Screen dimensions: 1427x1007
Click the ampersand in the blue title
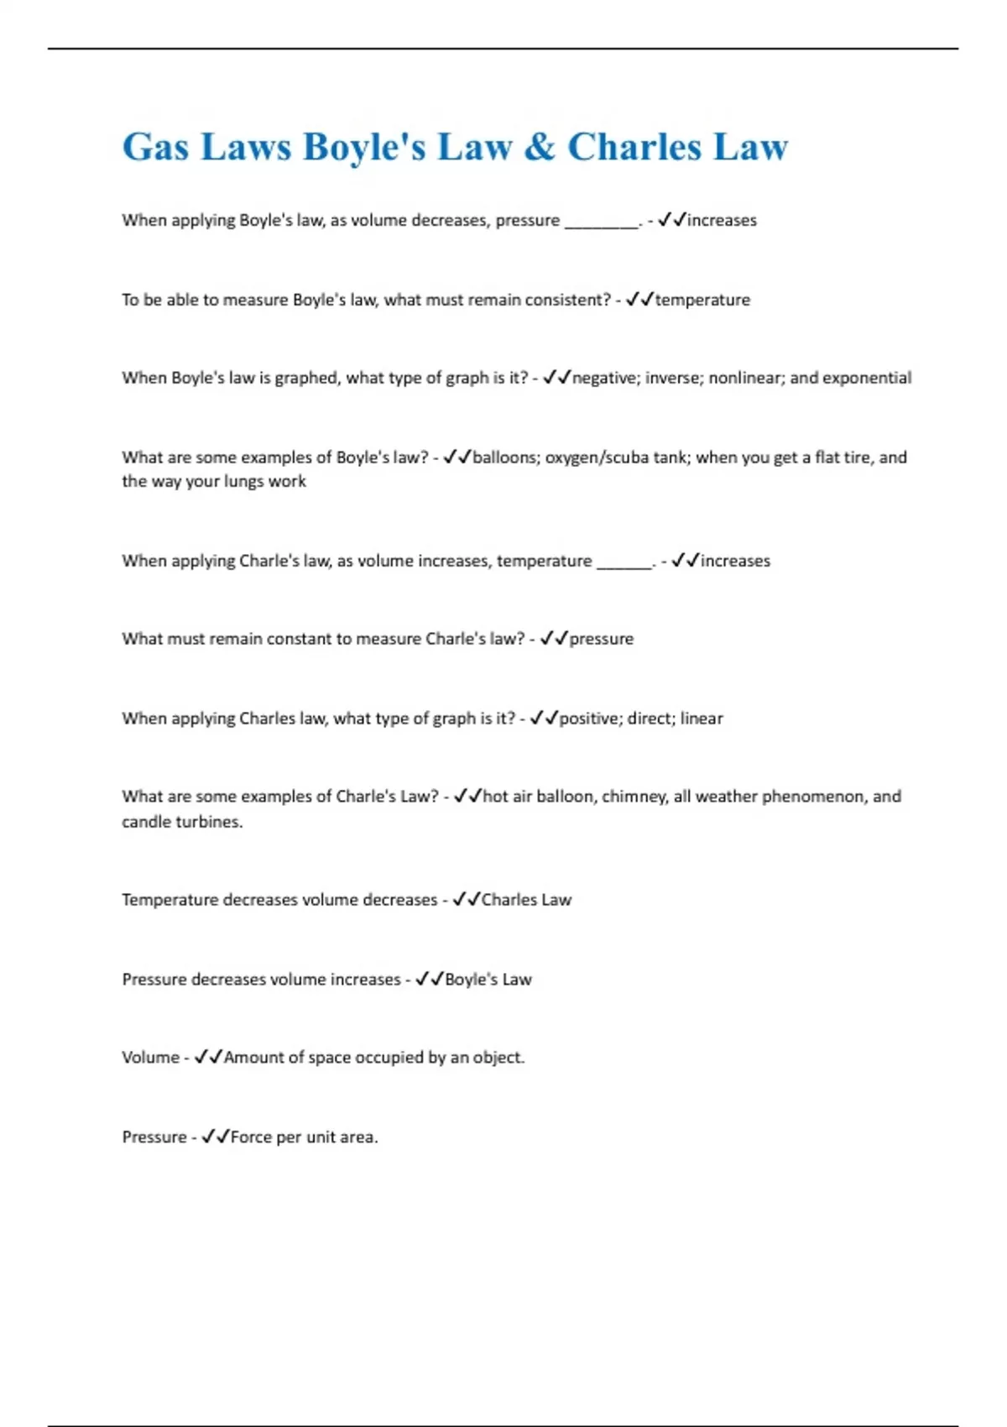pyautogui.click(x=540, y=147)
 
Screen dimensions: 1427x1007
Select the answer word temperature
pyautogui.click(x=702, y=300)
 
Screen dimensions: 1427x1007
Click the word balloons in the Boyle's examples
pyautogui.click(x=504, y=457)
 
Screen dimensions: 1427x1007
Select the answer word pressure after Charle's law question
pyautogui.click(x=601, y=639)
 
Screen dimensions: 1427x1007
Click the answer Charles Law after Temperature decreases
pyautogui.click(x=526, y=900)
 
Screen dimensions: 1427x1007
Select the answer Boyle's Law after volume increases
pyautogui.click(x=488, y=980)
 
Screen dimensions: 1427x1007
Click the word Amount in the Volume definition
pyautogui.click(x=253, y=1058)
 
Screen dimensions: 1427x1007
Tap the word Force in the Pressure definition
pyautogui.click(x=251, y=1137)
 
